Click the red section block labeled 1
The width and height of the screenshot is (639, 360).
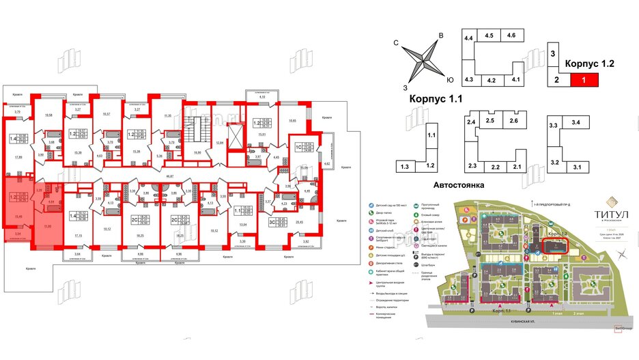point(582,80)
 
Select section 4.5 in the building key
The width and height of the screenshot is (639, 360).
point(489,36)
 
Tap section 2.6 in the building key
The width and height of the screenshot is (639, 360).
point(513,121)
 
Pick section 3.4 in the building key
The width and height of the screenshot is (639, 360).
point(576,123)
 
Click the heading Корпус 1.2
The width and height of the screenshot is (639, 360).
point(590,63)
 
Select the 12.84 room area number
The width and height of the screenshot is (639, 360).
point(220,141)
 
